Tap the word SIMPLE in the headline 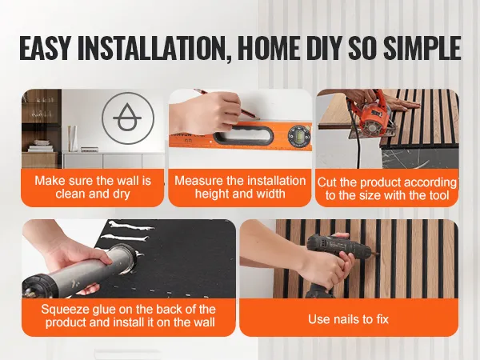tap(422, 48)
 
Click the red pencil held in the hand tap(226, 103)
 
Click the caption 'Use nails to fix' tap(348, 319)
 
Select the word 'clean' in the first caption tap(70, 194)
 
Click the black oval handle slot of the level tap(244, 134)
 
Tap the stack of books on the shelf tap(40, 146)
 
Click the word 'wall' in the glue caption tap(204, 322)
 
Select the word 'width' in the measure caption tap(270, 194)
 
